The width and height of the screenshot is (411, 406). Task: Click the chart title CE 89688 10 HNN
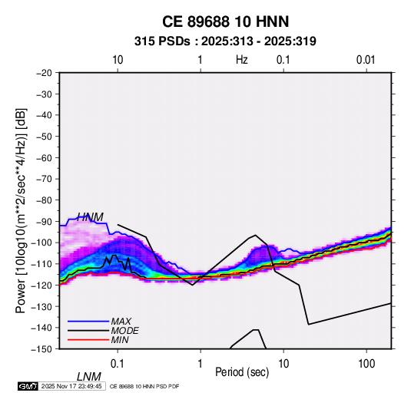[x=225, y=21]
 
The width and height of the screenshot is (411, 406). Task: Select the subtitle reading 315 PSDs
[x=162, y=41]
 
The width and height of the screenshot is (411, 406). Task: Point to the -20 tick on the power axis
[x=44, y=73]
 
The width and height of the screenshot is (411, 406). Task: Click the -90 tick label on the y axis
[x=44, y=221]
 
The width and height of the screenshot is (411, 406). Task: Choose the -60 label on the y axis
[x=44, y=157]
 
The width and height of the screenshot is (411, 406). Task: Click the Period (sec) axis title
[x=242, y=372]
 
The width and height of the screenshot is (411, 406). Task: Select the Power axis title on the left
[x=22, y=211]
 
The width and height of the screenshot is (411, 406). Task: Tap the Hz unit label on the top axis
[x=242, y=60]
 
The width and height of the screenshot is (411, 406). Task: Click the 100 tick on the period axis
[x=366, y=364]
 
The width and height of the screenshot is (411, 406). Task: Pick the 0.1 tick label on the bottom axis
[x=118, y=364]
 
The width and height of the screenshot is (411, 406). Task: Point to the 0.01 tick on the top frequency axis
[x=366, y=60]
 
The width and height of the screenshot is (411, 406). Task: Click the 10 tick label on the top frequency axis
[x=118, y=60]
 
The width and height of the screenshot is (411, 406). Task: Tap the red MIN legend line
[x=88, y=340]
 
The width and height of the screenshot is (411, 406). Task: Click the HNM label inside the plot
[x=90, y=217]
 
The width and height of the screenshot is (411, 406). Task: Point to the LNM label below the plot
[x=89, y=377]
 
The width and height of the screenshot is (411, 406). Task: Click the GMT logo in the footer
[x=28, y=386]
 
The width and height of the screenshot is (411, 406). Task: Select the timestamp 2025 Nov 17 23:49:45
[x=71, y=386]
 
